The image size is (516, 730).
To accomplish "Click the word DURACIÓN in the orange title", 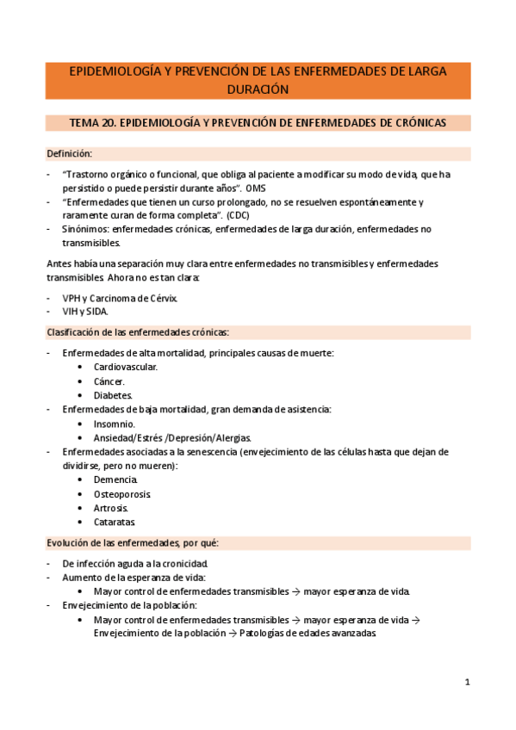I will pos(258,89).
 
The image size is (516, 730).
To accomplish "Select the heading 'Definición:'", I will pos(69,154).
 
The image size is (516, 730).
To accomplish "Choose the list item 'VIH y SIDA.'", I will pos(86,312).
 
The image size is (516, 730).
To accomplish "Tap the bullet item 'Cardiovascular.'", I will pos(126,367).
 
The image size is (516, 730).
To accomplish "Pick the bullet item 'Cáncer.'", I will pos(109,381).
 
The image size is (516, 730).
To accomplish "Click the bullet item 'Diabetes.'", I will pos(114,395).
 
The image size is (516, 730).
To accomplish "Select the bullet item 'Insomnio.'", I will pos(115,424).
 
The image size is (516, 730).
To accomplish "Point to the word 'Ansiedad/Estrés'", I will pos(130,437).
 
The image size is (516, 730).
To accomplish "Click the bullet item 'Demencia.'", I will pos(116,479).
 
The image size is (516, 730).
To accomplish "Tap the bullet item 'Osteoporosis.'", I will pos(122,494).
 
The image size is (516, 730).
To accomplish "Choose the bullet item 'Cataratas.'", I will pos(115,522).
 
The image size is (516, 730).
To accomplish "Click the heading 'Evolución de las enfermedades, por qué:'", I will pos(133,543).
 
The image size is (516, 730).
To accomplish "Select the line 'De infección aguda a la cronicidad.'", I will pos(135,564).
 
